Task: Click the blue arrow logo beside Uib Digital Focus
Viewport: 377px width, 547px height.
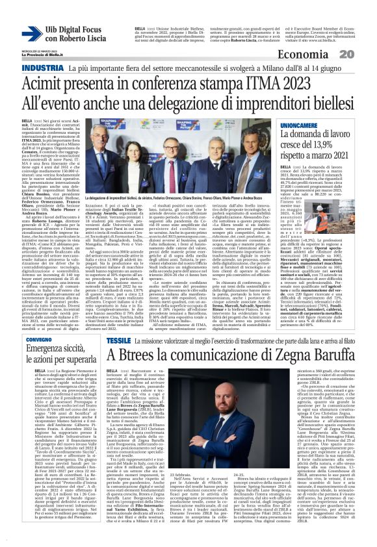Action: (29, 32)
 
